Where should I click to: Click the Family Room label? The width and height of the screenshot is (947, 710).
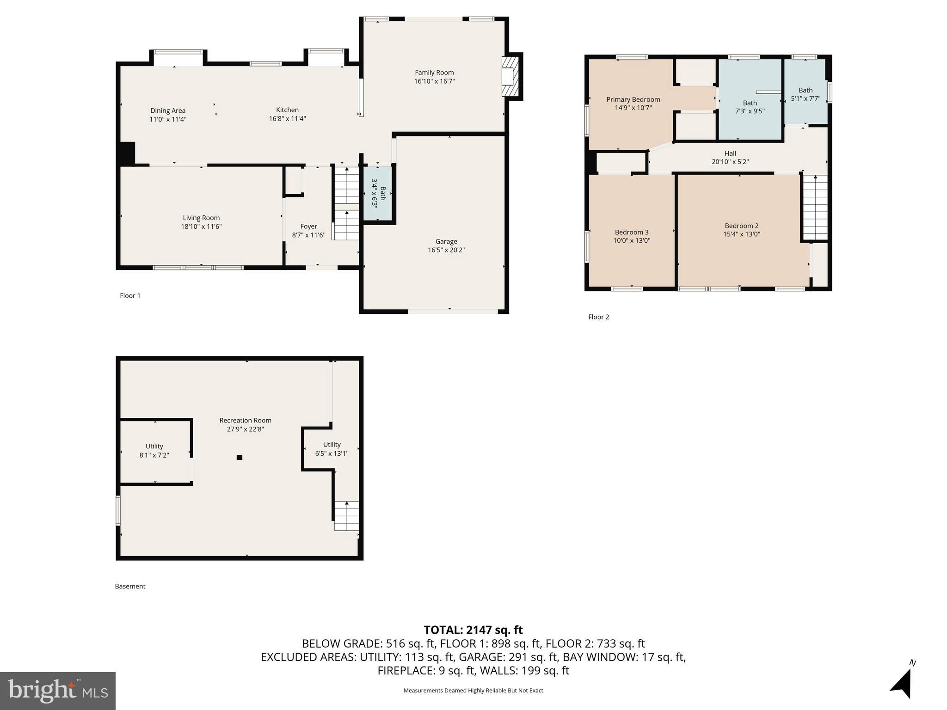click(x=434, y=73)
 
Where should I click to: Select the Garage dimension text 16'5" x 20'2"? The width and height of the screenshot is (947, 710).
click(x=446, y=250)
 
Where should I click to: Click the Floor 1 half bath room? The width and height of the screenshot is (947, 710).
click(x=378, y=194)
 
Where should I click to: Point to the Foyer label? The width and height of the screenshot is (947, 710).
click(x=309, y=226)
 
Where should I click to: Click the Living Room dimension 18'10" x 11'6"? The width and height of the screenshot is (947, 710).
click(x=201, y=226)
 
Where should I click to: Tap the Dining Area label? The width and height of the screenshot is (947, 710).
click(x=168, y=110)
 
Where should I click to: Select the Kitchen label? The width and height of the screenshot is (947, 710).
click(x=288, y=110)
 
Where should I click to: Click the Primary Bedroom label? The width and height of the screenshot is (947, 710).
click(x=633, y=99)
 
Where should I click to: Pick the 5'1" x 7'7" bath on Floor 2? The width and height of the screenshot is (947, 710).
click(x=806, y=92)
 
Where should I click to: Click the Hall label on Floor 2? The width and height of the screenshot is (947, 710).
click(x=730, y=153)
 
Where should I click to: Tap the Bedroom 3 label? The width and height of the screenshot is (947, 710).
click(x=632, y=232)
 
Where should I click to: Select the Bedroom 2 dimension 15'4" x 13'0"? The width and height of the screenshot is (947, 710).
click(x=742, y=234)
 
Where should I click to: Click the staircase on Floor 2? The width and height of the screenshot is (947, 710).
click(x=815, y=207)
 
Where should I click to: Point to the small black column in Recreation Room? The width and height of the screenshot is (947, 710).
click(x=240, y=458)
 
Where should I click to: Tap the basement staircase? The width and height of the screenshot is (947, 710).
click(x=347, y=516)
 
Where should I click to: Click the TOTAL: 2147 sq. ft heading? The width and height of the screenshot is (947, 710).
click(x=473, y=630)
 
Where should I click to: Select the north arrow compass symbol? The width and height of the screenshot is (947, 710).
click(x=902, y=681)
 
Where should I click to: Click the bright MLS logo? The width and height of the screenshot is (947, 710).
click(x=58, y=691)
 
